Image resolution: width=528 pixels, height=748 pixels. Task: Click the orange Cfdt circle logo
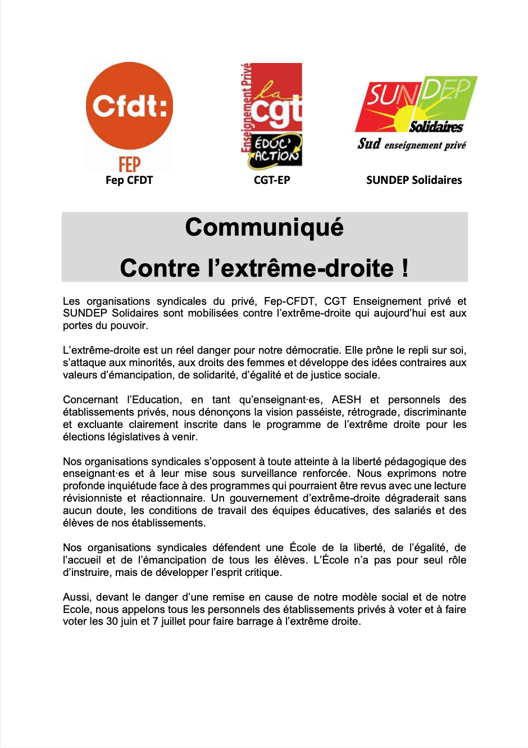click(129, 106)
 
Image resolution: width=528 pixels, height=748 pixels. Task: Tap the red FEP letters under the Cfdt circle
click(129, 164)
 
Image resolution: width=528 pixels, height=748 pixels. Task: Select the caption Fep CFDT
click(129, 180)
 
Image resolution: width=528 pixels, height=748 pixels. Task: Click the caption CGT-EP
click(272, 180)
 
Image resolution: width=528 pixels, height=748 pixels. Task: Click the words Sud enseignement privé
click(412, 145)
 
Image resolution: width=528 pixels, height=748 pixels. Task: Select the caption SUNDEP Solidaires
click(414, 180)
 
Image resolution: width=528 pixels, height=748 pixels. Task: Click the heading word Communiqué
click(264, 227)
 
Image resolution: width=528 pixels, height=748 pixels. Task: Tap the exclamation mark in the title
click(405, 268)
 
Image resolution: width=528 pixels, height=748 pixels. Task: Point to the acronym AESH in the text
click(347, 400)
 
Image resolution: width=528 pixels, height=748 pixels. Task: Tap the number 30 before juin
click(112, 621)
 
